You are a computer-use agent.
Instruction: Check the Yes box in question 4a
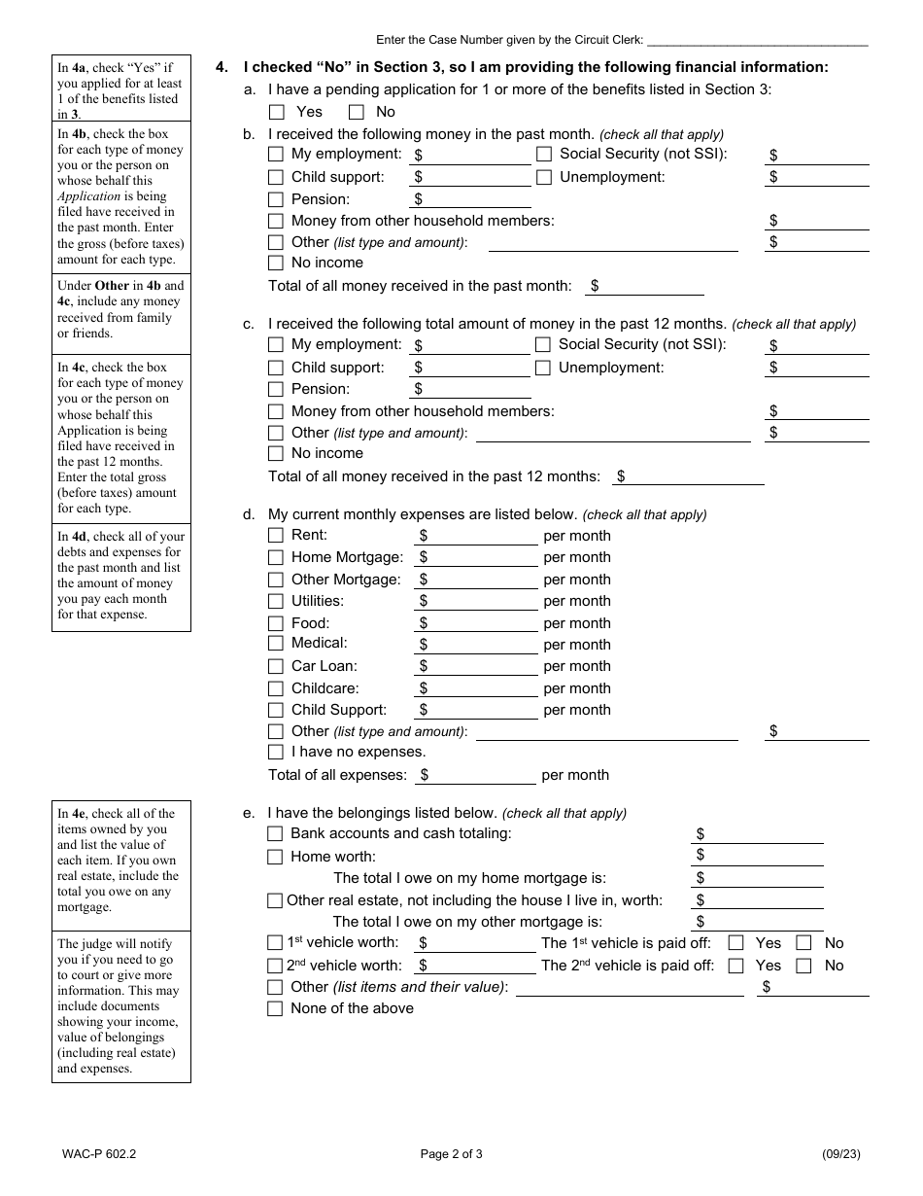(277, 112)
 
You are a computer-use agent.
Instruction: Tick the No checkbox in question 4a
(357, 112)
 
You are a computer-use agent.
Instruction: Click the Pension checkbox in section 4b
(276, 199)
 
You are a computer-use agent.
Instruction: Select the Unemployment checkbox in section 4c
(543, 368)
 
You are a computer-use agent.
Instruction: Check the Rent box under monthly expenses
(276, 535)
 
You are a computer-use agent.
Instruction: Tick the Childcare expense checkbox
(276, 688)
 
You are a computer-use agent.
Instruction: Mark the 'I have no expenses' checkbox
(276, 752)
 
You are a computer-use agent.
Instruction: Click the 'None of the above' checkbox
(275, 1008)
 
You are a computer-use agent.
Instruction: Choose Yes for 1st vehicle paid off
(736, 942)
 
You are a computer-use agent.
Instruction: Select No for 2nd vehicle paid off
(803, 966)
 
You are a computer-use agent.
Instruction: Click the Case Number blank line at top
(757, 40)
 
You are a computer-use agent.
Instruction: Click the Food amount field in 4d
(482, 623)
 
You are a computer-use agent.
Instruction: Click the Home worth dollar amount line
(763, 856)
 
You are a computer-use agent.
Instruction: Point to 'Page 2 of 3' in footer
(451, 1154)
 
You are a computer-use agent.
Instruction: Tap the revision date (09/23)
(840, 1154)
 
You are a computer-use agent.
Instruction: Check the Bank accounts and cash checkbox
(275, 833)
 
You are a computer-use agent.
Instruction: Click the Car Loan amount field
(482, 666)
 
